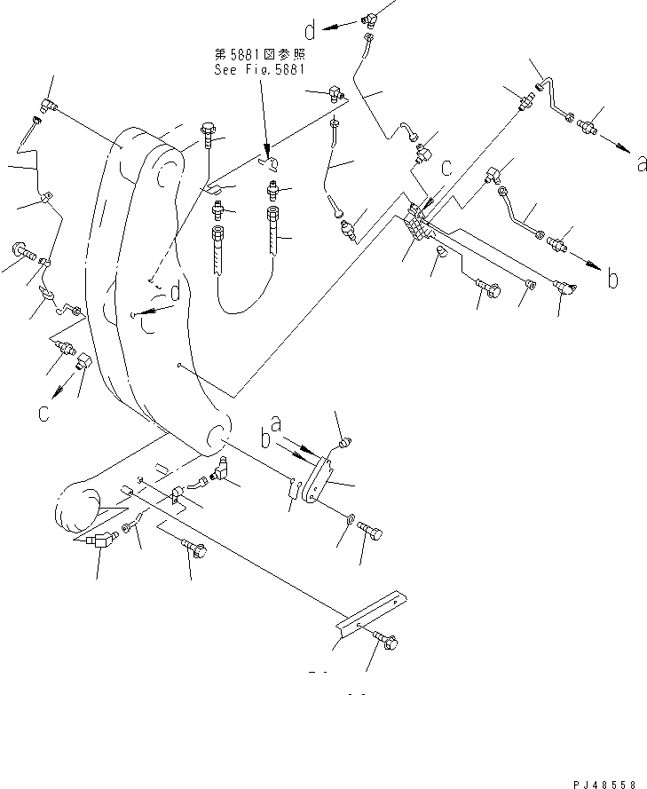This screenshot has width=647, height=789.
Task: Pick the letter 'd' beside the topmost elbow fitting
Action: point(311,32)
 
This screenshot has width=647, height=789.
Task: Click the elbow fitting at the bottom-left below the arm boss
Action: point(97,538)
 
